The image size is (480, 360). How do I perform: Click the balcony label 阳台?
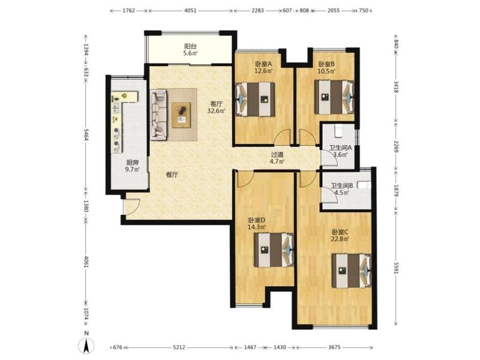(190, 47)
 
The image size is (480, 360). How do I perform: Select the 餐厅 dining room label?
(172, 175)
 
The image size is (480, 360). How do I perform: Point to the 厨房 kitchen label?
(133, 163)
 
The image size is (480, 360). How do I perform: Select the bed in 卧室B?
(334, 97)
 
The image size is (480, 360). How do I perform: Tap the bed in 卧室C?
(352, 271)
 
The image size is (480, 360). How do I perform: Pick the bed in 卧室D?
(274, 250)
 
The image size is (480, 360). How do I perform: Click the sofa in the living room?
(158, 115)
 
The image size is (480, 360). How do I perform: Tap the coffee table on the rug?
(181, 115)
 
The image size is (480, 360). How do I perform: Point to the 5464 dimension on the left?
(86, 134)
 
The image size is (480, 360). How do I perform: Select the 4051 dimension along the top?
(190, 10)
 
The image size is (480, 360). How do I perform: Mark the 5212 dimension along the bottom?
(179, 347)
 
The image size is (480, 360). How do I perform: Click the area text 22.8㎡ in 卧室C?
(340, 239)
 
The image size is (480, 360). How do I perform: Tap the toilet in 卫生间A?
(339, 131)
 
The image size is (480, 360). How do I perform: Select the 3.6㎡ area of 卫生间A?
(340, 155)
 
